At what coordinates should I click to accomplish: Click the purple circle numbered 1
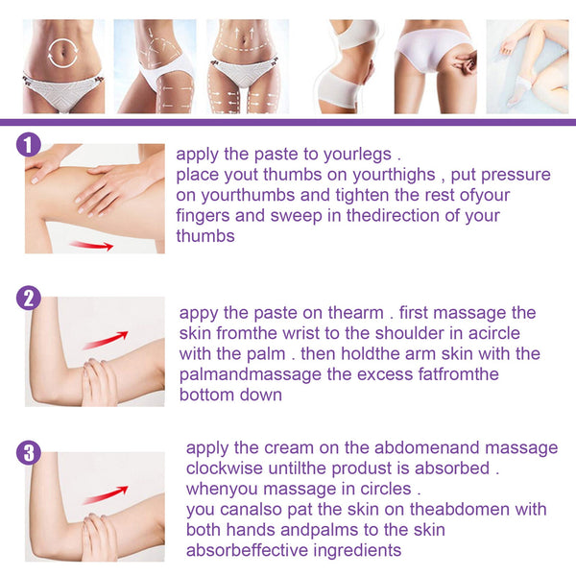click(x=30, y=146)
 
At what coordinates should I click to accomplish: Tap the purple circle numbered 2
click(x=30, y=298)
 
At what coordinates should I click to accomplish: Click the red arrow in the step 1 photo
click(x=92, y=245)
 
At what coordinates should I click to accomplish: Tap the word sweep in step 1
click(x=299, y=215)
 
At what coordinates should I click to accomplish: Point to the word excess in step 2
click(x=385, y=373)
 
